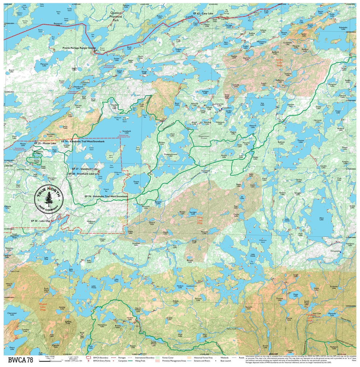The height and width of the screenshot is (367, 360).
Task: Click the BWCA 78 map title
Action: [20, 360]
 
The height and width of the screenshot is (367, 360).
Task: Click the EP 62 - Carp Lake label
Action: [203, 13]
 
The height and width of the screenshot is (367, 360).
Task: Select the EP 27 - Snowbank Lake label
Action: [85, 169]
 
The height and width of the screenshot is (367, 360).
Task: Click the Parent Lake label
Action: [136, 182]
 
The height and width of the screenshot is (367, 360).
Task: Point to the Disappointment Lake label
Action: [171, 154]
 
